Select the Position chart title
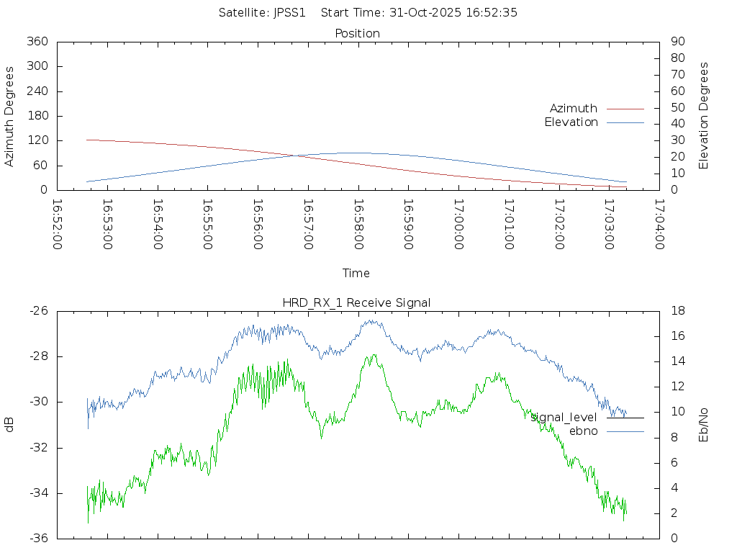pyautogui.click(x=358, y=33)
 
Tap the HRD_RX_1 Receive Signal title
pyautogui.click(x=356, y=302)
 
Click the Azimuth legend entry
pyautogui.click(x=574, y=108)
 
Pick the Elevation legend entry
pyautogui.click(x=571, y=122)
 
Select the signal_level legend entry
pyautogui.click(x=564, y=417)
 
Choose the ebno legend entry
pyautogui.click(x=584, y=431)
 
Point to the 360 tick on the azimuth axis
pyautogui.click(x=37, y=42)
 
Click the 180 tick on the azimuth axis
pyautogui.click(x=37, y=116)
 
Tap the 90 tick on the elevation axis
pyautogui.click(x=677, y=42)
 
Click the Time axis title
pyautogui.click(x=356, y=273)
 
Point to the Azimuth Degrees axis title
pyautogui.click(x=9, y=116)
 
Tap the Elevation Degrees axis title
pyautogui.click(x=704, y=116)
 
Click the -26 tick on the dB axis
pyautogui.click(x=38, y=311)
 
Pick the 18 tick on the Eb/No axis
pyautogui.click(x=678, y=311)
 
